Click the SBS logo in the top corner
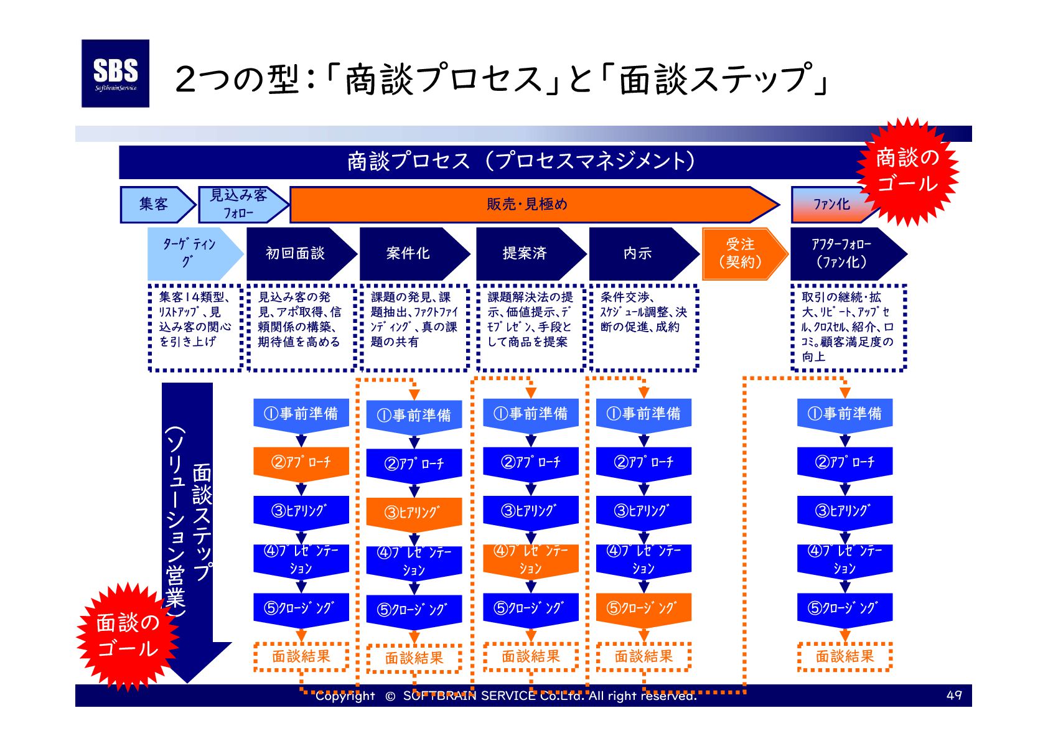tap(115, 73)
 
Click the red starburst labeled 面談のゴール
tap(128, 635)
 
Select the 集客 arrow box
tap(154, 204)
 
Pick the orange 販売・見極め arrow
tap(527, 204)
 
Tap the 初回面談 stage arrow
tap(296, 253)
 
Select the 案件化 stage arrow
tap(408, 253)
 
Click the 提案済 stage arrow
tap(525, 253)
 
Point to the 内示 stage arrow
tap(638, 253)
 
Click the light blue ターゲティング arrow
tap(190, 253)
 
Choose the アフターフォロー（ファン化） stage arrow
tap(841, 253)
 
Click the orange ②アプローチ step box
tap(301, 462)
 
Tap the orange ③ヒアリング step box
tap(414, 513)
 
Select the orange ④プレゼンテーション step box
tap(531, 559)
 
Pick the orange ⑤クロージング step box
tap(643, 608)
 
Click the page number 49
tap(953, 695)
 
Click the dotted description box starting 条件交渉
tap(643, 327)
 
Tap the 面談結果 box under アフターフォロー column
tap(844, 656)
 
